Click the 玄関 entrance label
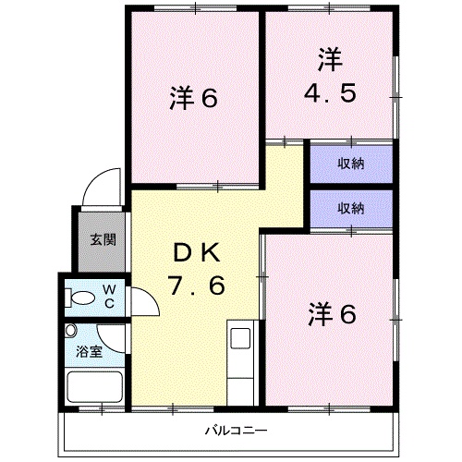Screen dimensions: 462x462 [x=103, y=240]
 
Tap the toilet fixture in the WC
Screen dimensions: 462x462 [x=83, y=298]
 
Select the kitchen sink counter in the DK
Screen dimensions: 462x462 [x=239, y=360]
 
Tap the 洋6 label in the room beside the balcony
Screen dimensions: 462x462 [x=331, y=315]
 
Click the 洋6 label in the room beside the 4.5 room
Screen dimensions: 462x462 [x=194, y=98]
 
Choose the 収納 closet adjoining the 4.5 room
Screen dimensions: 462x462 [x=349, y=164]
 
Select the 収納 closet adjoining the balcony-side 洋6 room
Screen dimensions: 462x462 [x=349, y=208]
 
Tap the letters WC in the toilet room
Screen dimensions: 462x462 [x=108, y=296]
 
